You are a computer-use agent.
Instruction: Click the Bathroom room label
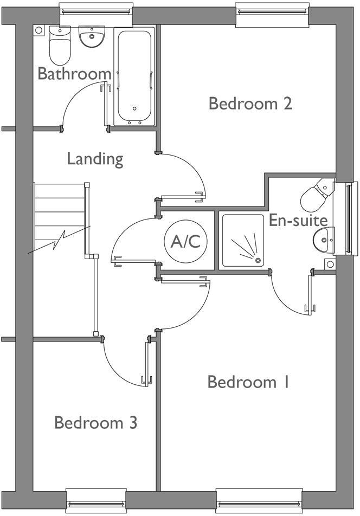(74, 74)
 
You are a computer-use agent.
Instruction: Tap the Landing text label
(95, 159)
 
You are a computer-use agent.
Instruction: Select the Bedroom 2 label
(250, 103)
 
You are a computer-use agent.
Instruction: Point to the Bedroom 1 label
(249, 382)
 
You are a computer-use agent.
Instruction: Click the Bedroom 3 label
(95, 422)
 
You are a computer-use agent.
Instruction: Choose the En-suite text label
(298, 220)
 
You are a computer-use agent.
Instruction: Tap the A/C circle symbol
(185, 242)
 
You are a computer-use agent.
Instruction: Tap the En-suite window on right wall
(345, 218)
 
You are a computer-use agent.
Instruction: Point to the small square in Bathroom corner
(38, 30)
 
